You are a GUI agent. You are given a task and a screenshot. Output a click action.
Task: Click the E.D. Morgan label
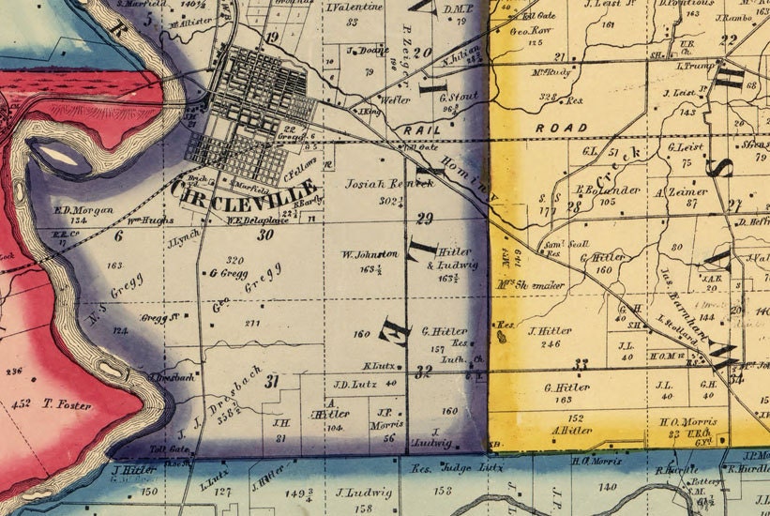[x=83, y=209]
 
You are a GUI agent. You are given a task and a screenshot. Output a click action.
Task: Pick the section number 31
[x=273, y=381]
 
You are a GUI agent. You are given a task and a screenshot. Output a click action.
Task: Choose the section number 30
[x=264, y=235]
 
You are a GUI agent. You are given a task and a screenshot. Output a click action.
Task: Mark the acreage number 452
[x=20, y=404]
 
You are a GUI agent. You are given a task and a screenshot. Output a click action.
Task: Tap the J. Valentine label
[x=348, y=8]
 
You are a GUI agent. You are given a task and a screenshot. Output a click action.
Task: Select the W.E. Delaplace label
[x=234, y=221]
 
